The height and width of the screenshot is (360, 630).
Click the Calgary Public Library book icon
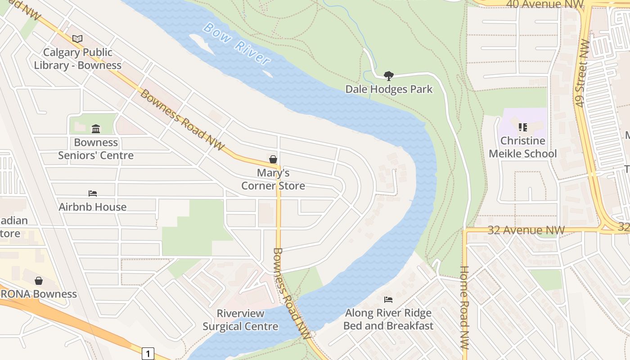point(77,39)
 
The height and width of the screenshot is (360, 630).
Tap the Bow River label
point(236,44)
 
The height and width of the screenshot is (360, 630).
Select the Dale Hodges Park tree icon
point(388,76)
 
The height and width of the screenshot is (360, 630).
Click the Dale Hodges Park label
point(388,89)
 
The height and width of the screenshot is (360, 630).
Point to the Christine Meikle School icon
point(522,127)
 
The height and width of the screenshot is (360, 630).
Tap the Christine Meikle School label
point(522,147)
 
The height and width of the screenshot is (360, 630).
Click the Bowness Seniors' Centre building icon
point(96,129)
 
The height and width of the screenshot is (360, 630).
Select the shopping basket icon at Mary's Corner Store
point(273,159)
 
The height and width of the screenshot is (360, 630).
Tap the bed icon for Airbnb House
point(93,193)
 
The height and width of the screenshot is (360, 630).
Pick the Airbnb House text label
point(93,207)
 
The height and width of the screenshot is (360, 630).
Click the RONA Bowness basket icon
point(39,281)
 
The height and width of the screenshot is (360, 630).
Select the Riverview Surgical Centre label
point(240,319)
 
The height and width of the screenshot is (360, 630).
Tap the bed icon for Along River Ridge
point(388,299)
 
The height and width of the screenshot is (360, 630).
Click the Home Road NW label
point(464,307)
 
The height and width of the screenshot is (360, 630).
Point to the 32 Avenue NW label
point(526,230)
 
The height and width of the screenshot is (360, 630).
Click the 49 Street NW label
point(582,73)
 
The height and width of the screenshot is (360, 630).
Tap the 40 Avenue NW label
point(544,4)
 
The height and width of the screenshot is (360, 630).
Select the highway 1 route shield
point(148,353)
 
